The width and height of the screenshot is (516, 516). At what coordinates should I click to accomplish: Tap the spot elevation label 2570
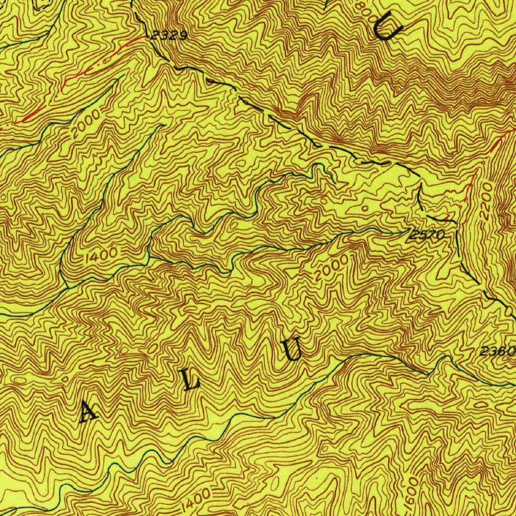[x=427, y=234]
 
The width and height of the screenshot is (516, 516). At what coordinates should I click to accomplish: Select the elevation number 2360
[x=497, y=351]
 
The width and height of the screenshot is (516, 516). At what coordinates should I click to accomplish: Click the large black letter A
[x=89, y=413]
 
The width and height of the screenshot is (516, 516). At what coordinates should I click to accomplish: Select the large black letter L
[x=191, y=381]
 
